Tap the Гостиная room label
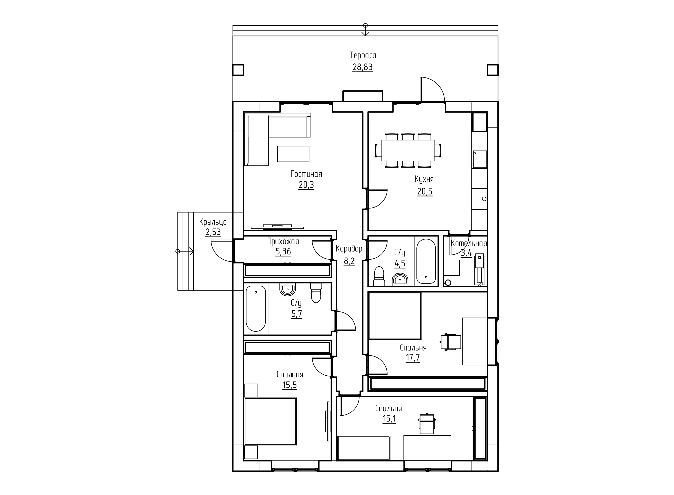click(x=306, y=174)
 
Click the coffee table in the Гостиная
click(x=293, y=154)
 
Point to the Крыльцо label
click(x=213, y=222)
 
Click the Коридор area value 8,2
click(x=349, y=261)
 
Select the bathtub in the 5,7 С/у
click(x=256, y=309)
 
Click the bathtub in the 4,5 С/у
click(x=426, y=261)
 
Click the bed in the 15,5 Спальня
click(x=271, y=421)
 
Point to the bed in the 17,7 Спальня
click(x=395, y=316)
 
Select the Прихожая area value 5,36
click(x=283, y=252)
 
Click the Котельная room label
click(x=469, y=243)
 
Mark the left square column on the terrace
click(x=238, y=70)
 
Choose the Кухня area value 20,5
click(x=424, y=191)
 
